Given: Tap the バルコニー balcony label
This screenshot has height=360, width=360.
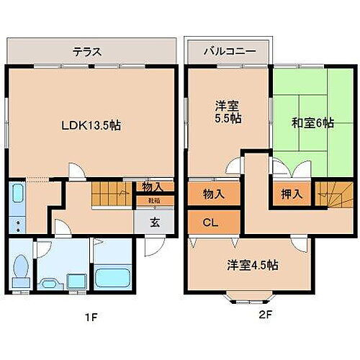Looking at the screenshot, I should click(228, 52).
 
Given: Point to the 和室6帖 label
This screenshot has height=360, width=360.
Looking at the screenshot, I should click(313, 122).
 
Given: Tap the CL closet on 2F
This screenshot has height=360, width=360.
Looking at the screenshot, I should click(210, 222).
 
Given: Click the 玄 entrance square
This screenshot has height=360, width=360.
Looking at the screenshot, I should click(155, 222).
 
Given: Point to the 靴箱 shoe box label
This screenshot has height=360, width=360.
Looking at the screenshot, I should click(153, 201).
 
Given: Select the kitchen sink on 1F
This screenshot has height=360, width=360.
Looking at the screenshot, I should click(19, 194).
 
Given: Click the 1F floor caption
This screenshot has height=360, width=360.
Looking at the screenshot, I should click(85, 315).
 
